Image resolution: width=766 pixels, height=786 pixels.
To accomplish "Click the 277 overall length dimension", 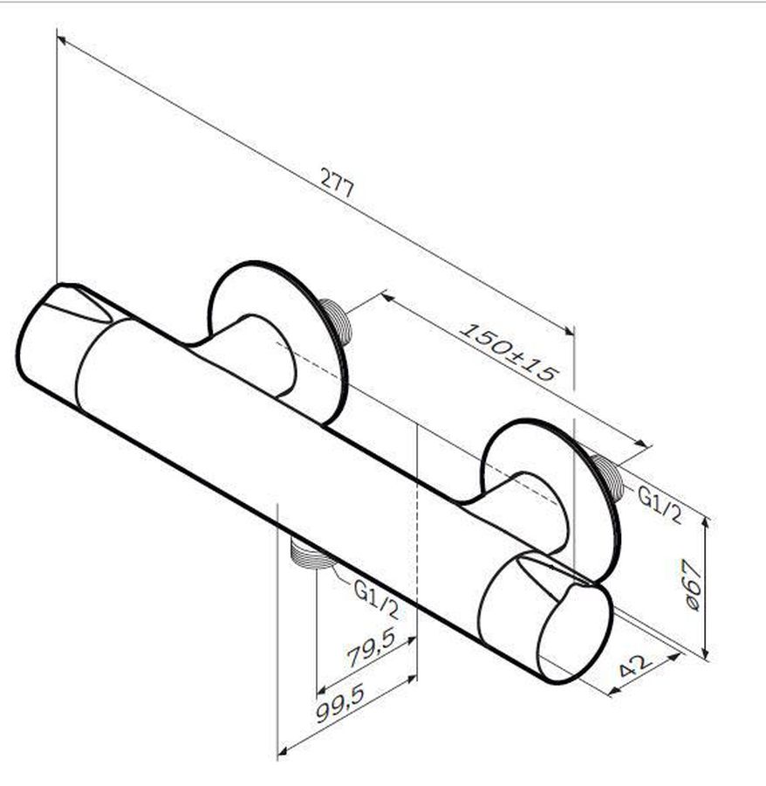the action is [x=338, y=183].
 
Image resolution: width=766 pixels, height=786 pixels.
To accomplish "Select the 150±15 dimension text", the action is [x=509, y=352].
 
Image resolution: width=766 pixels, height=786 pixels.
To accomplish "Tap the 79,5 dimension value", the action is [x=372, y=647].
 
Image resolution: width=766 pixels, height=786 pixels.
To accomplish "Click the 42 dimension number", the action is [x=635, y=665].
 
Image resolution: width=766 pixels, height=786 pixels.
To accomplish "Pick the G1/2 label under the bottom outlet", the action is [x=376, y=599].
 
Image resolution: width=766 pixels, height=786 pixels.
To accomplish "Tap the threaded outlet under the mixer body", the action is [x=310, y=554].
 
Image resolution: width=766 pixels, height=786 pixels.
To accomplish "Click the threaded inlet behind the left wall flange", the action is [x=335, y=321].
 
